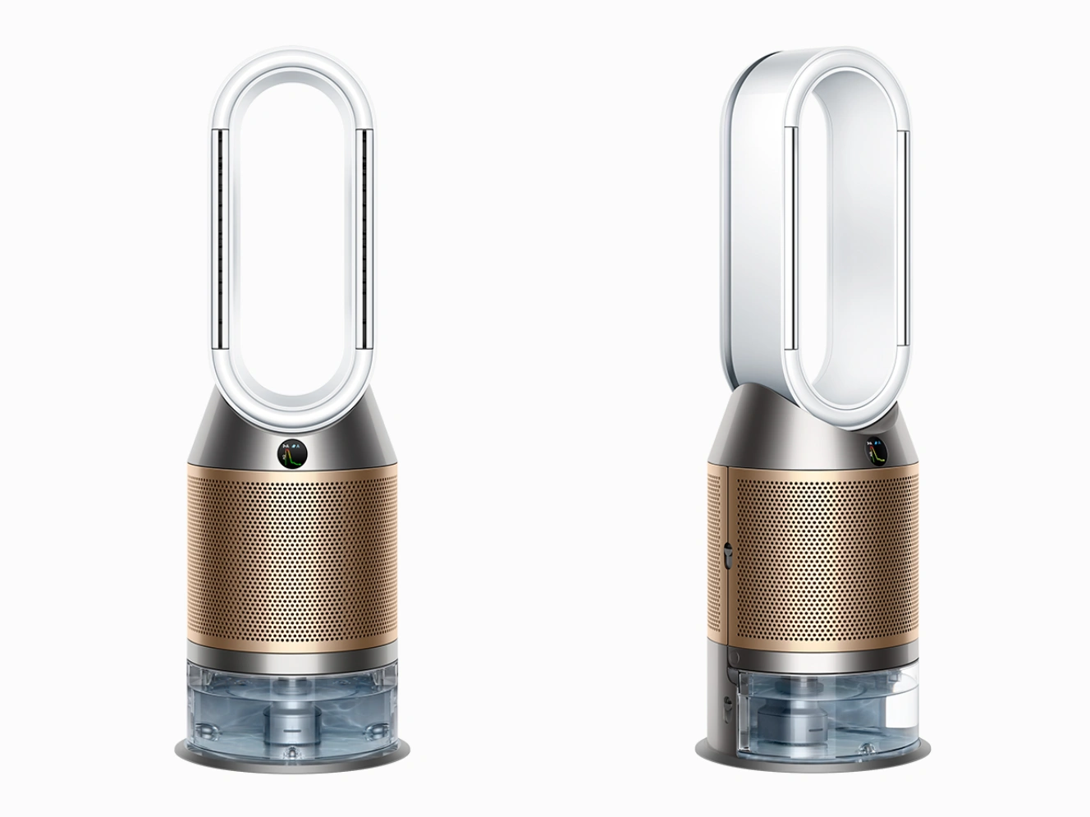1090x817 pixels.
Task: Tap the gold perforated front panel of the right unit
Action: click(x=821, y=558)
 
